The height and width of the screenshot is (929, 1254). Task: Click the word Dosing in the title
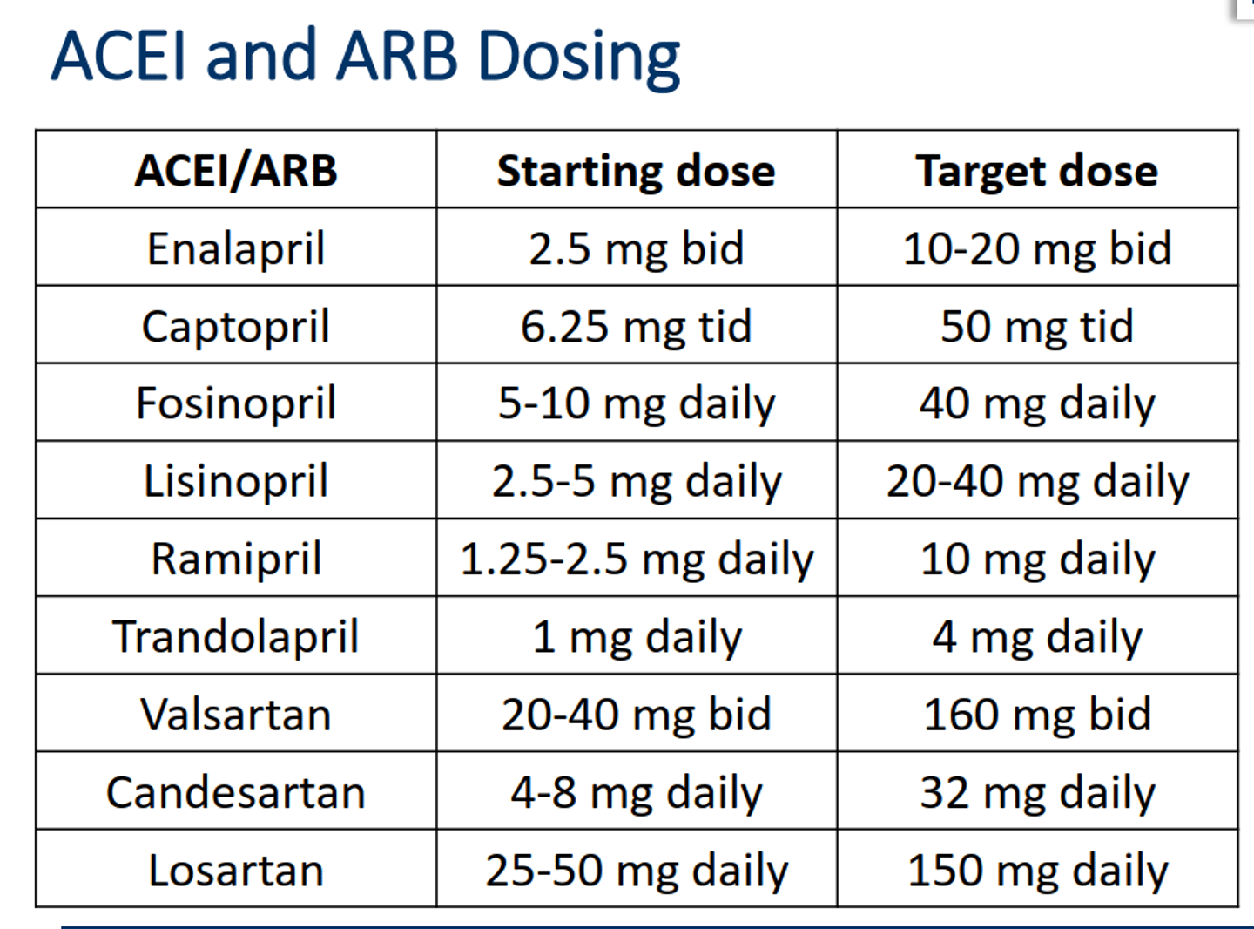[x=578, y=58]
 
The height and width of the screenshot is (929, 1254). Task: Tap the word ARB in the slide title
[x=396, y=56]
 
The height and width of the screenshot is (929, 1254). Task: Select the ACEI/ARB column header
[x=236, y=171]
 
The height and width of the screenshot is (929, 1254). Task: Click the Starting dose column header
[x=636, y=171]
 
